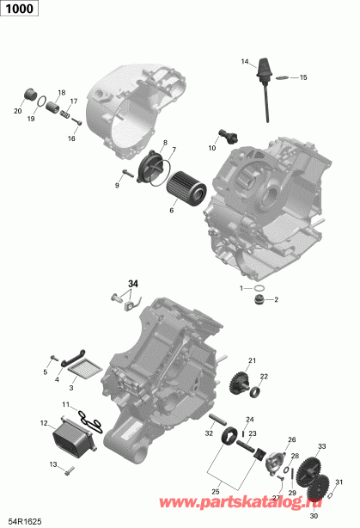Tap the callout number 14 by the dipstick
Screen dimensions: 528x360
pyautogui.click(x=244, y=61)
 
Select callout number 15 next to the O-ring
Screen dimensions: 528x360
pyautogui.click(x=302, y=77)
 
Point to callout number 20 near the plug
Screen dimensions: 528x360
pyautogui.click(x=17, y=111)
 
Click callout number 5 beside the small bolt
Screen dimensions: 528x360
pyautogui.click(x=46, y=371)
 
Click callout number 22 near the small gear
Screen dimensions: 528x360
pyautogui.click(x=264, y=376)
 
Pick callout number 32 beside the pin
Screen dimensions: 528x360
pyautogui.click(x=209, y=433)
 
